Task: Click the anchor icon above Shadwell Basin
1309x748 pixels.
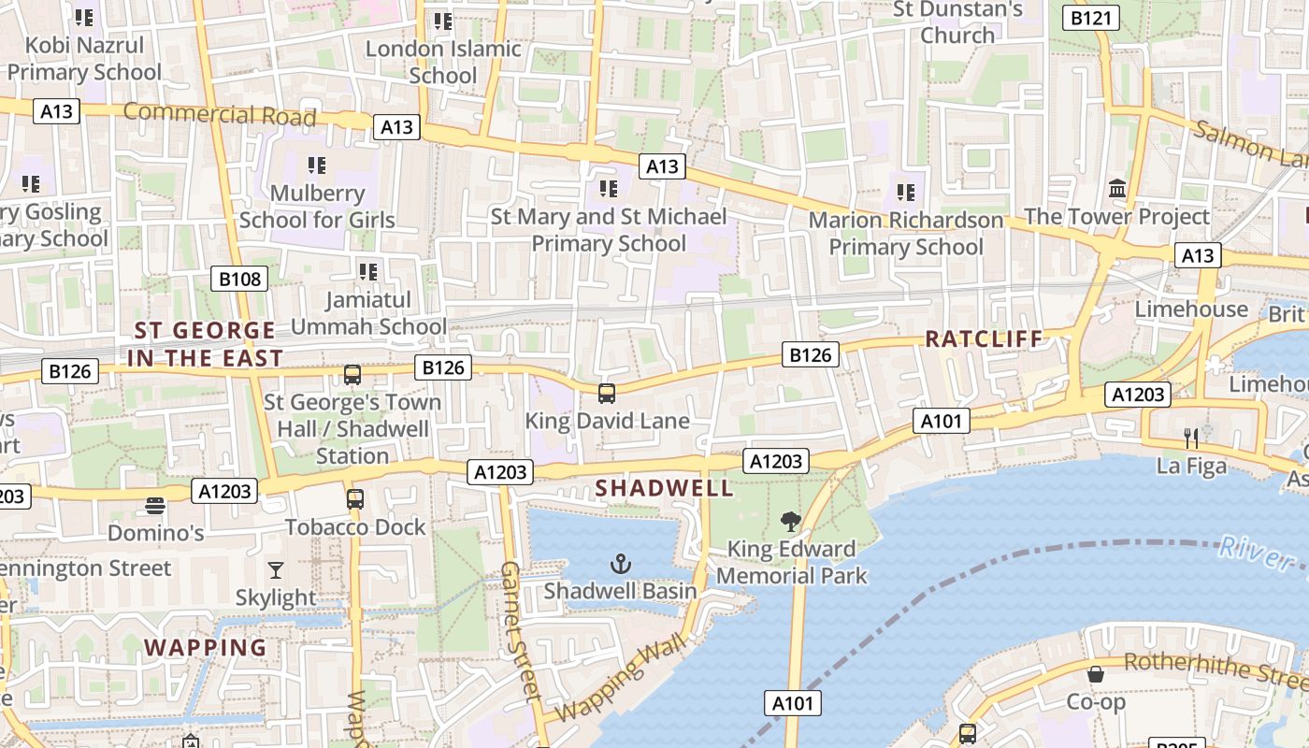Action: coord(620,563)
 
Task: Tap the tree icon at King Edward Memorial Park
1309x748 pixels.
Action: coord(791,522)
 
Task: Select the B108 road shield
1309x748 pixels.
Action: coord(240,279)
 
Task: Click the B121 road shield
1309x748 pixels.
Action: coord(1091,18)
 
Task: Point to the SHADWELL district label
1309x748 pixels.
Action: coord(665,488)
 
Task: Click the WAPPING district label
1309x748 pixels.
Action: coord(206,647)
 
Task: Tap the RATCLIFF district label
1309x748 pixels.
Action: coord(984,339)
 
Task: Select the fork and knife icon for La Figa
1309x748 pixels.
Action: coord(1190,437)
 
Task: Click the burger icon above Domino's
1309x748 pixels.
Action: coord(155,506)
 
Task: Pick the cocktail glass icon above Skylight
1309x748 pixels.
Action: coord(276,569)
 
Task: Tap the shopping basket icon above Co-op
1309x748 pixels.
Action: coord(1096,673)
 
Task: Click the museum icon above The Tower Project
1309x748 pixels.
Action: coord(1116,189)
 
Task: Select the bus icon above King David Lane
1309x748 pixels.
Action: coord(607,393)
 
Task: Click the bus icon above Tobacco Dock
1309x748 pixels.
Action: coord(355,499)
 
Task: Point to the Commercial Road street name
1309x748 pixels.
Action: coord(220,115)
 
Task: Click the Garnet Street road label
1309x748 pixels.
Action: coord(521,631)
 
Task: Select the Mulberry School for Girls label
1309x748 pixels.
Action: coord(317,207)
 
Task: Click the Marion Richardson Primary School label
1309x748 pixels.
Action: coord(906,234)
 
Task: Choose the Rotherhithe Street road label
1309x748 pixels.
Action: coord(1215,669)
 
